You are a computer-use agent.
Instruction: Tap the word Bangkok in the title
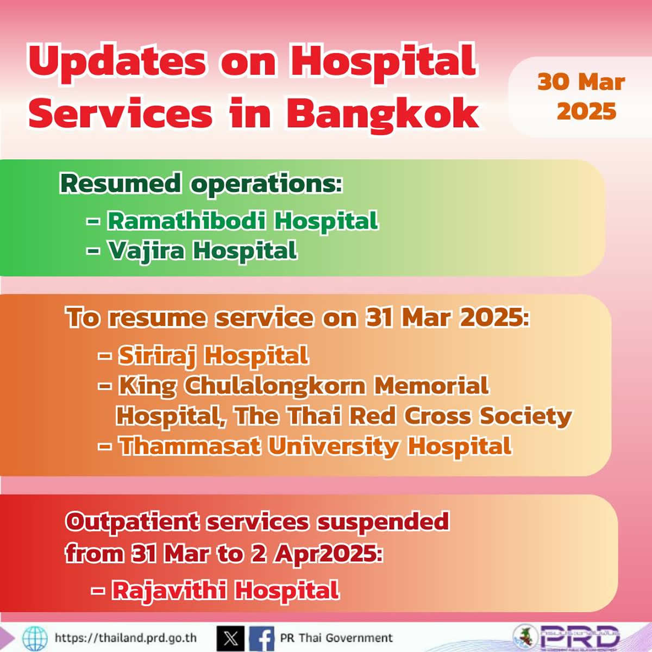(383, 112)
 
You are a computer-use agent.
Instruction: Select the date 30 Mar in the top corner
(581, 83)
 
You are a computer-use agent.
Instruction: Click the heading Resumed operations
(201, 184)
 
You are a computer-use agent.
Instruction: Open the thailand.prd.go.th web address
(126, 637)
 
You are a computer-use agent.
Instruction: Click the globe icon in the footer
(35, 638)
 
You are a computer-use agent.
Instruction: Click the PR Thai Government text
(336, 637)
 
